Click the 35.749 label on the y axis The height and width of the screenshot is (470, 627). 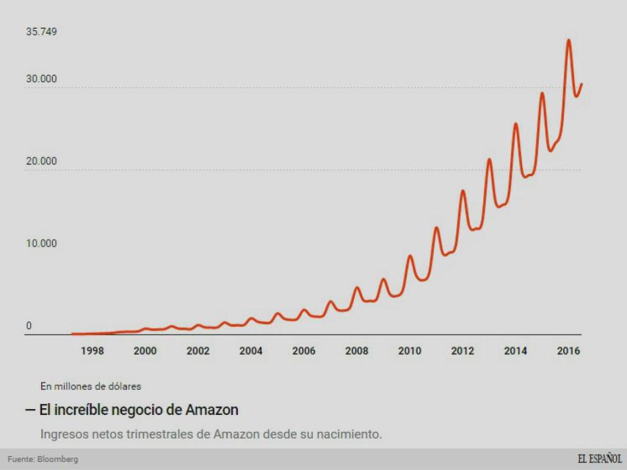pyautogui.click(x=41, y=32)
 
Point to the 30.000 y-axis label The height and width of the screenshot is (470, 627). pyautogui.click(x=41, y=79)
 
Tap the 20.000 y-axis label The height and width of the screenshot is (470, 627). pyautogui.click(x=41, y=162)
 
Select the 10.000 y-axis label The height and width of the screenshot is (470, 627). pyautogui.click(x=41, y=244)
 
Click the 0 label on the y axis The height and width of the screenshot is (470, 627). pyautogui.click(x=29, y=326)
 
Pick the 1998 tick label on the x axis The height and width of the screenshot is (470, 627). pyautogui.click(x=92, y=351)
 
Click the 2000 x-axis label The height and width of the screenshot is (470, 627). pyautogui.click(x=145, y=351)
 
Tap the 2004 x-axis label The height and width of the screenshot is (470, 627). pyautogui.click(x=250, y=351)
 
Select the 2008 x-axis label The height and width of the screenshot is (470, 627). pyautogui.click(x=356, y=351)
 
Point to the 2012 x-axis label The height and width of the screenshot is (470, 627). pyautogui.click(x=462, y=351)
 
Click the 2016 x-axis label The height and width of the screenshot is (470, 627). pyautogui.click(x=568, y=351)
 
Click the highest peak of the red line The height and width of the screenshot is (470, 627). pyautogui.click(x=568, y=40)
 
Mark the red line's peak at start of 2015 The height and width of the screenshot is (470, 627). pyautogui.click(x=542, y=93)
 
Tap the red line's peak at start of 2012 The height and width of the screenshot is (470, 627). pyautogui.click(x=463, y=191)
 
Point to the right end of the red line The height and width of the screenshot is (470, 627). pyautogui.click(x=581, y=84)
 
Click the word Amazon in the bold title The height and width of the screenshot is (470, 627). pyautogui.click(x=211, y=410)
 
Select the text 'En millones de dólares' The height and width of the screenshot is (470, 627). pyautogui.click(x=91, y=386)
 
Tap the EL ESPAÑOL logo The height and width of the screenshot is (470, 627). pyautogui.click(x=598, y=459)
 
